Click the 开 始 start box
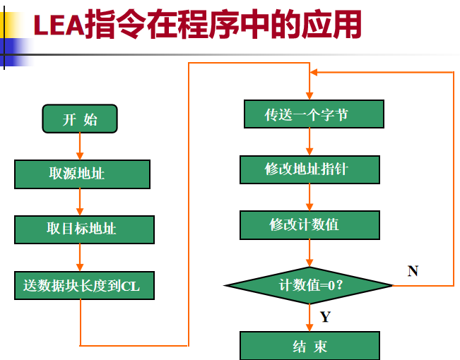[80, 119]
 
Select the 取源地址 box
[82, 174]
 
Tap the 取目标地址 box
[84, 229]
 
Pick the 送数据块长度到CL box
[82, 286]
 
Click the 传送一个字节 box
[314, 114]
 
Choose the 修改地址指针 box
[310, 169]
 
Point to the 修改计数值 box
[310, 224]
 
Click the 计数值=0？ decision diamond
[309, 285]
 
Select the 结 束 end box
[310, 346]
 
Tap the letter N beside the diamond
[413, 270]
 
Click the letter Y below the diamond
[325, 317]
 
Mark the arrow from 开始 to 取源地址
[80, 147]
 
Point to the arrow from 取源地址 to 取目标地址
[80, 202]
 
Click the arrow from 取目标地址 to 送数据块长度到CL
[80, 258]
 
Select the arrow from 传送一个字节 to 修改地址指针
[309, 142]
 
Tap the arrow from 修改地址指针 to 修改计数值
[309, 197]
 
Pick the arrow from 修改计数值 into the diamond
[309, 252]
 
